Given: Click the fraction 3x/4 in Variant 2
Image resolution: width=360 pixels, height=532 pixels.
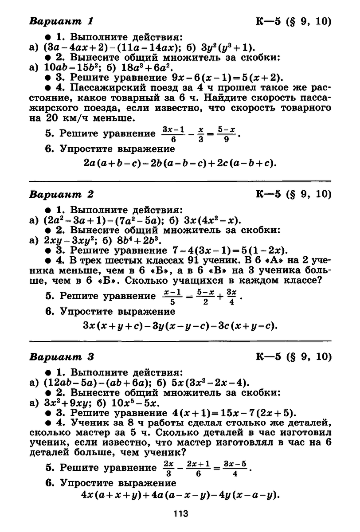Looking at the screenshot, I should pyautogui.click(x=231, y=296).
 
